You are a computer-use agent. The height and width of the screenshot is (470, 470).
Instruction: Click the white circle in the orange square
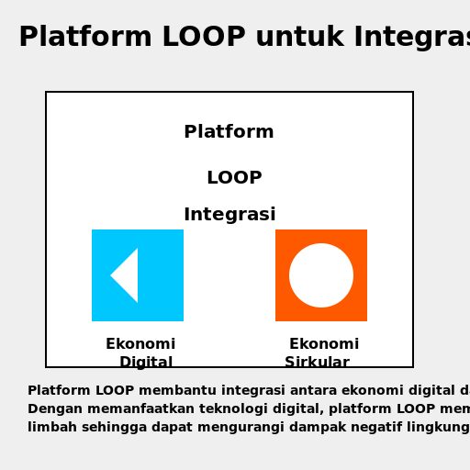click(x=321, y=275)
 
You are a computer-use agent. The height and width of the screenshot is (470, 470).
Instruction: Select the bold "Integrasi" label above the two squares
click(x=229, y=215)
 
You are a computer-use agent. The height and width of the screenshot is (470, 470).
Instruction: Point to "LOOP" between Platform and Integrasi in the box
click(x=234, y=178)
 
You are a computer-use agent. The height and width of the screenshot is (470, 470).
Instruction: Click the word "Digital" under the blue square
click(x=146, y=363)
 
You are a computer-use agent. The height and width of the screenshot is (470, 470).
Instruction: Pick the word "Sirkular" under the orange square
click(x=317, y=363)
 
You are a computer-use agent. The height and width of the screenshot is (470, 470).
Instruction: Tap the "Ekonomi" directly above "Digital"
click(x=140, y=344)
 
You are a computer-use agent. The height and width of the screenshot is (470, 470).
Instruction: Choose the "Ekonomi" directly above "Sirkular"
click(x=324, y=344)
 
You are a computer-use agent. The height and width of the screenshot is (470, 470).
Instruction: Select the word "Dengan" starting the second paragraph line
click(x=51, y=408)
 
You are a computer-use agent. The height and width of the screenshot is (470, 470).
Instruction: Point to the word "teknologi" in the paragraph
click(x=219, y=408)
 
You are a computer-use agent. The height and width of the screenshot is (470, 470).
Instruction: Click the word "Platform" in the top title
click(x=85, y=38)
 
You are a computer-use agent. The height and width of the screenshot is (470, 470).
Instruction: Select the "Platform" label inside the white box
click(x=229, y=132)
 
